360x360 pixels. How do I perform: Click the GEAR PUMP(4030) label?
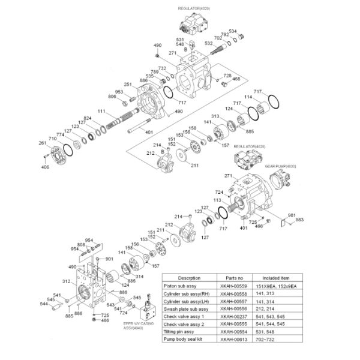coord(281,166)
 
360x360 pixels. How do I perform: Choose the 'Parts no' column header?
coord(234,278)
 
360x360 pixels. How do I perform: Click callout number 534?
coord(250,31)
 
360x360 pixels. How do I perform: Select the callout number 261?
coord(42,143)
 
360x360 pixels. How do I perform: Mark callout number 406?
coord(45,167)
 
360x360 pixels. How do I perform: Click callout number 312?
coord(67,280)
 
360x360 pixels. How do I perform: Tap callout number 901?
coord(109,259)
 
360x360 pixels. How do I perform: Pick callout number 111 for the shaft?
coord(101,112)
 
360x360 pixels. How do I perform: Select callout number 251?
coord(127,84)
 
